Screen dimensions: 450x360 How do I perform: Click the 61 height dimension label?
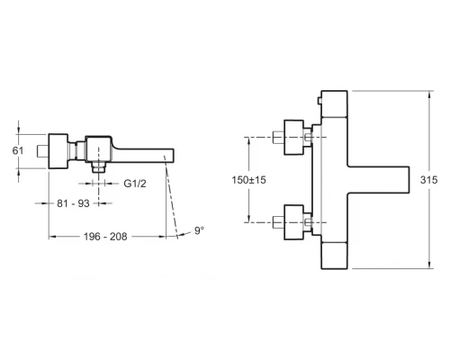(18, 150)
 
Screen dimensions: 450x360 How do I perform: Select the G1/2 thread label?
(135, 184)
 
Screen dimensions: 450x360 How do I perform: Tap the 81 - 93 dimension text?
(73, 203)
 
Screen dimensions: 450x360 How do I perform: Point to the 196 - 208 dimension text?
(105, 237)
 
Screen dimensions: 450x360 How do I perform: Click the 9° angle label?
(199, 230)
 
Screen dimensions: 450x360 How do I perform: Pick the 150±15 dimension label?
(248, 180)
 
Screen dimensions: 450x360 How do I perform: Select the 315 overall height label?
(428, 180)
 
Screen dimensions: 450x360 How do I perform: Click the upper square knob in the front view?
(293, 138)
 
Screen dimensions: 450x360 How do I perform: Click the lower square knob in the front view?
(293, 222)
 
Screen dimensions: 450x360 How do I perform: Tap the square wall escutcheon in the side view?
(58, 151)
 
